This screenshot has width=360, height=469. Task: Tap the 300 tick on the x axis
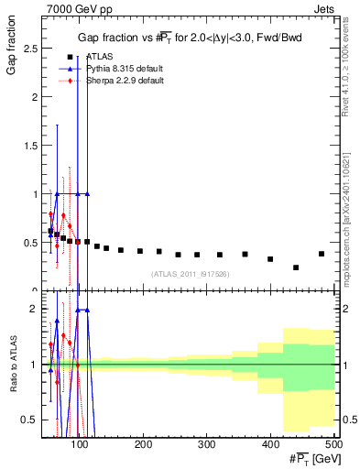[207, 444]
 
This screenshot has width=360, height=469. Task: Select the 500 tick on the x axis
[333, 444]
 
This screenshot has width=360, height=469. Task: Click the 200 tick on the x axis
[143, 444]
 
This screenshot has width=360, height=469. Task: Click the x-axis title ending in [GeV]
[311, 458]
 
